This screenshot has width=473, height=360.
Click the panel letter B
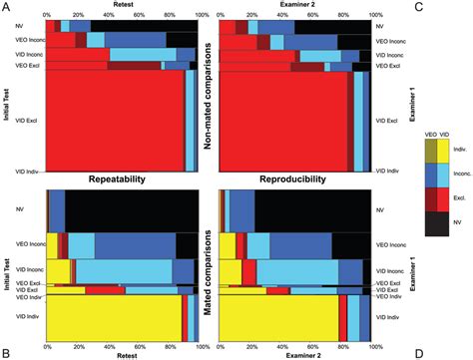(7, 351)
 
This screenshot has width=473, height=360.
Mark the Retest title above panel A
(123, 5)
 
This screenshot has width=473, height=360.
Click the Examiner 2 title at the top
(295, 5)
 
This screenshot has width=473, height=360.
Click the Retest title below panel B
(123, 354)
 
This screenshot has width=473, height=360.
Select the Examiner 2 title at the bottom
(295, 354)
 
